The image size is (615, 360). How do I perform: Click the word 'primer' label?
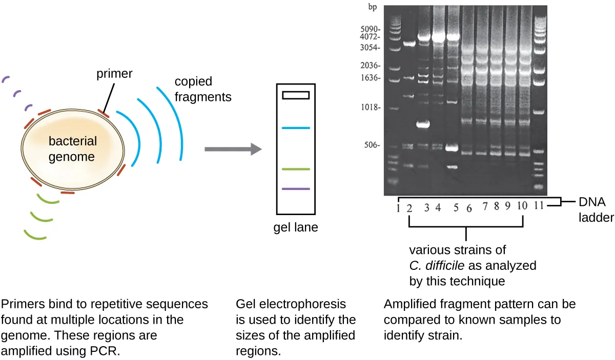tap(114, 74)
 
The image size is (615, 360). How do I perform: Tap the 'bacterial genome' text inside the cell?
tap(72, 149)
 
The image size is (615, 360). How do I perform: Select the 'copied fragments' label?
tap(202, 89)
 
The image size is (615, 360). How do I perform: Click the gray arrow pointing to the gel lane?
tap(233, 150)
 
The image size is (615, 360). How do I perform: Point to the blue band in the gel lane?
tap(295, 128)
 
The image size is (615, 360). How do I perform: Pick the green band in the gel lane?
tap(295, 169)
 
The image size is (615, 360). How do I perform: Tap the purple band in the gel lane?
tap(295, 189)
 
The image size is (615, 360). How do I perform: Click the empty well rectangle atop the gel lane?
tap(295, 95)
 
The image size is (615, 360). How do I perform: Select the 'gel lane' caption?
tap(295, 227)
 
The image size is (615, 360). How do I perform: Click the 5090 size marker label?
tap(371, 29)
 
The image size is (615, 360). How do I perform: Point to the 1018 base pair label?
tap(371, 108)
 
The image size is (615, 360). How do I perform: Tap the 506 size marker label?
tap(373, 145)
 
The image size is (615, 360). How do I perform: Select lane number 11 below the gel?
tap(538, 207)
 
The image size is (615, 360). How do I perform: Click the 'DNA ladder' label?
tap(596, 210)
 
